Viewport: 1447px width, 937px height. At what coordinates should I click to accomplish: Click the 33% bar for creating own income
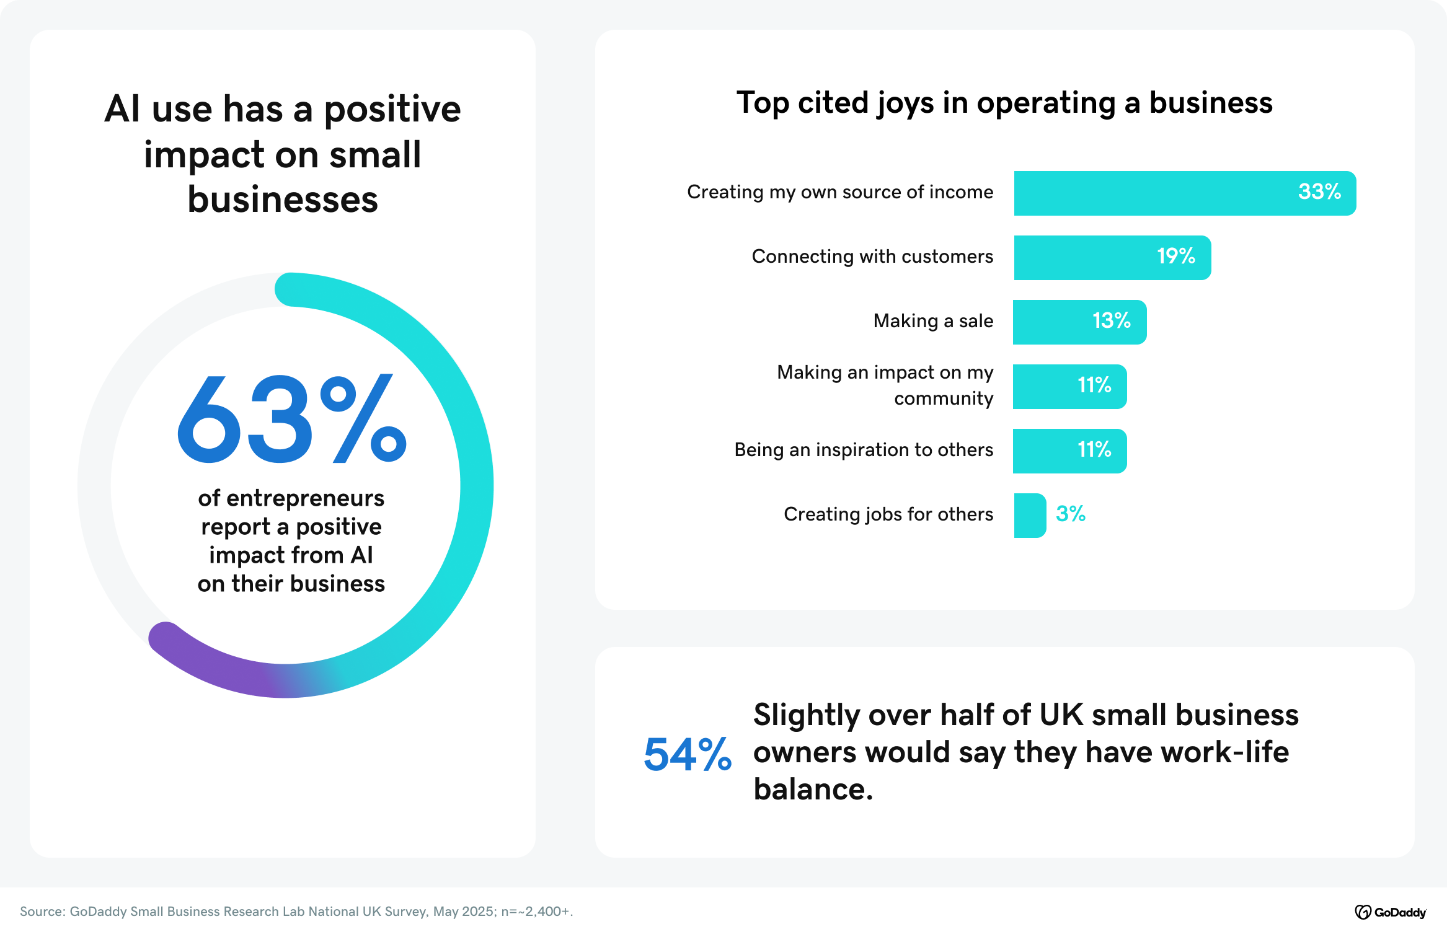pos(1184,193)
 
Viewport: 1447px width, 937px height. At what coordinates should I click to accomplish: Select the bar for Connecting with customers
pos(1112,258)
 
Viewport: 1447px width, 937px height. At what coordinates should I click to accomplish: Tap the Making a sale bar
pos(1079,322)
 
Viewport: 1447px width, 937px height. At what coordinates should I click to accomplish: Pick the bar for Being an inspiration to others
pos(1069,451)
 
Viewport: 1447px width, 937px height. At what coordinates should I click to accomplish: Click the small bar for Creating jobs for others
pos(1030,516)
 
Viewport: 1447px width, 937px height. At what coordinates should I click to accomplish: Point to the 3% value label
pos(1071,514)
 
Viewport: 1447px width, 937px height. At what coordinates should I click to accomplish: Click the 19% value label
pos(1176,256)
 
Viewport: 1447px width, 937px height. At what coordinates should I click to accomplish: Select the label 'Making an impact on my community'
pos(885,385)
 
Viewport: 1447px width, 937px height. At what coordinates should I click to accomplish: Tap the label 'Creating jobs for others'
pos(888,514)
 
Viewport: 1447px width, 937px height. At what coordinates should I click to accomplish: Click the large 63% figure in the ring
pos(291,420)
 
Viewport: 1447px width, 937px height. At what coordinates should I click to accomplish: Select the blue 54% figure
pos(688,755)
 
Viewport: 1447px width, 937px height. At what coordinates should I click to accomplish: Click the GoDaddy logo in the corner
pos(1390,912)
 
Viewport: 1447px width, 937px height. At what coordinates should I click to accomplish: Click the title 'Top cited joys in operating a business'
pos(1004,103)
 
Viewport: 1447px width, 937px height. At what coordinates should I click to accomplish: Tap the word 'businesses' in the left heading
pos(283,200)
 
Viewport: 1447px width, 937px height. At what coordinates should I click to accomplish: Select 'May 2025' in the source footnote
pos(463,912)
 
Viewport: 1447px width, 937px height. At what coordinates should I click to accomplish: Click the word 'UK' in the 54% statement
pos(1060,715)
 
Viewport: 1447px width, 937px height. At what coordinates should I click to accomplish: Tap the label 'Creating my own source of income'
pos(840,192)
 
